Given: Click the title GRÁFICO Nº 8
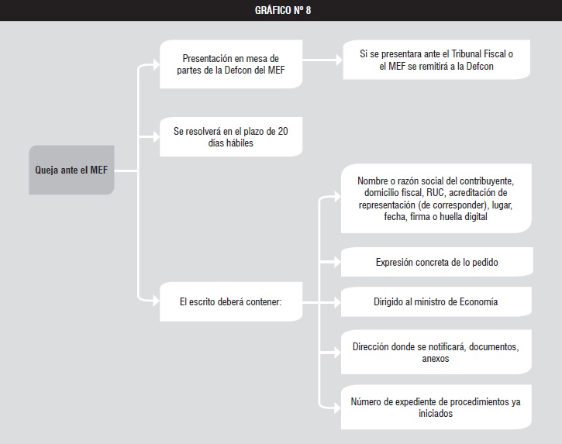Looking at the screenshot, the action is point(283,10).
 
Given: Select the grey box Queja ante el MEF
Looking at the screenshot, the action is point(71,170).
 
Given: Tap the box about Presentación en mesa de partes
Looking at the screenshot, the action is point(231,64).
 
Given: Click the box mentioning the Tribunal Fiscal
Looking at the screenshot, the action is point(436,60).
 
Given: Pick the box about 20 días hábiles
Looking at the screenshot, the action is point(231,137).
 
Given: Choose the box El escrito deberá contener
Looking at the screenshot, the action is point(231,301).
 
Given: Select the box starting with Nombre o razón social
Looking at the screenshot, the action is point(436,198).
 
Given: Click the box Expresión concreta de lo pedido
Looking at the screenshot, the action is point(437,262).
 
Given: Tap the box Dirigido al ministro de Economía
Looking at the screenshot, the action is point(436,301).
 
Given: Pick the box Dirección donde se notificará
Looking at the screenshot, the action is point(436,353).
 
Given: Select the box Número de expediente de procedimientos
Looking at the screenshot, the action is point(436,407).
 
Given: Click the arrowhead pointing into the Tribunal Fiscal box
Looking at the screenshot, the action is point(339,60).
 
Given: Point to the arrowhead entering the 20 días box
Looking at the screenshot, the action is point(156,137).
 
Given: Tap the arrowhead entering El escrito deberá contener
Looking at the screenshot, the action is point(156,301).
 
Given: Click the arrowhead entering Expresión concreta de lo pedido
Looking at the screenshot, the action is point(337,262).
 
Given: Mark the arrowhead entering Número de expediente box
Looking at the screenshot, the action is point(337,408).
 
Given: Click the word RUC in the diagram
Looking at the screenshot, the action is point(435,193).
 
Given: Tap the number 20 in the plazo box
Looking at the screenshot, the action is point(283,131).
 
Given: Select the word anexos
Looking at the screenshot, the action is point(436,358).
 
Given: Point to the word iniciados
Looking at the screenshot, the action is point(436,413).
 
